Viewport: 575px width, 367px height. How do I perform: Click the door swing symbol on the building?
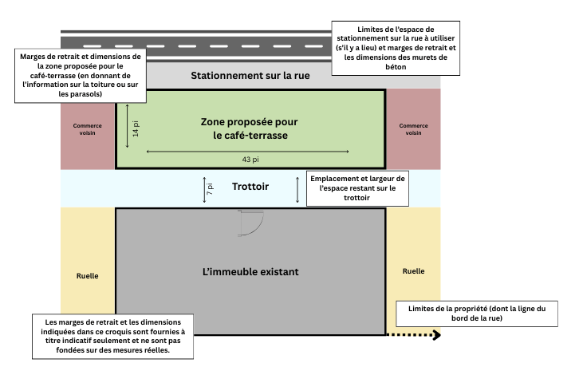[250, 224]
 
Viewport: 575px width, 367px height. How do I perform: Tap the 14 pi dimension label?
[136, 128]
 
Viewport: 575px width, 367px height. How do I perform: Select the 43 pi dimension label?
[250, 160]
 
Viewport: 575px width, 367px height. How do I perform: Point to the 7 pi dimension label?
[210, 188]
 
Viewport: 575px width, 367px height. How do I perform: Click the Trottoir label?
[250, 187]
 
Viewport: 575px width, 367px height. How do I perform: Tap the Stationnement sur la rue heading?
[250, 77]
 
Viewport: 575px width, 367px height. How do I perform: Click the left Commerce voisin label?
[89, 129]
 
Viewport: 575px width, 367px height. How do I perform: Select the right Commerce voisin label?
[412, 129]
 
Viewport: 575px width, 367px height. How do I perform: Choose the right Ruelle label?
[413, 271]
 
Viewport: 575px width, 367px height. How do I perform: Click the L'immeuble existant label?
[250, 272]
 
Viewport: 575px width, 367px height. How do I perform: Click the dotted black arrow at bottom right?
[414, 336]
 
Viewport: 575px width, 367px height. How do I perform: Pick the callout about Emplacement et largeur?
[356, 187]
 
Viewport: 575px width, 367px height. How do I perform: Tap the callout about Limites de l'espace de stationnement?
[396, 48]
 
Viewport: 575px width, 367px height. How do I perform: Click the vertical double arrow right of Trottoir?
[297, 189]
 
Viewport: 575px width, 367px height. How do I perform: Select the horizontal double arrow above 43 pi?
[250, 150]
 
